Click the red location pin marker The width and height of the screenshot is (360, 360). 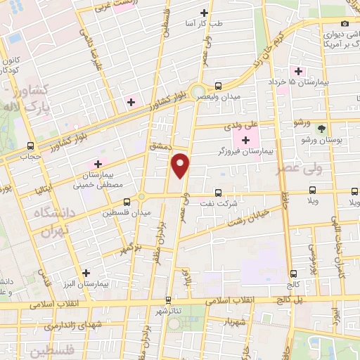[181, 165]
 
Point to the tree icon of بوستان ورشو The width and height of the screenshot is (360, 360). [321, 129]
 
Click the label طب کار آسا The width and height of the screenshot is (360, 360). [203, 23]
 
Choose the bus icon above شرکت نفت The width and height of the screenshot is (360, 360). [217, 192]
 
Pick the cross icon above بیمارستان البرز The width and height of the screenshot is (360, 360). [86, 273]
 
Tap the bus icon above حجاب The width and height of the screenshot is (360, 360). [30, 147]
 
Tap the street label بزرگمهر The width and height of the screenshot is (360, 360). [130, 249]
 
